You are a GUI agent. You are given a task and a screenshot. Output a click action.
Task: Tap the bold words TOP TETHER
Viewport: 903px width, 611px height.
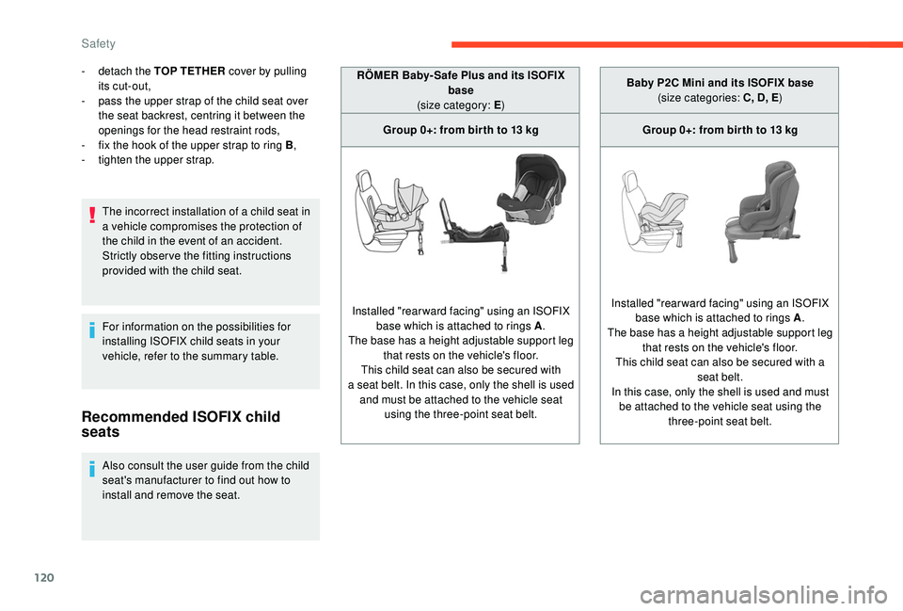(x=194, y=71)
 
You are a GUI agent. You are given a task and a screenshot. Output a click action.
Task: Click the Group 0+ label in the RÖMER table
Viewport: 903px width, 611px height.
(x=460, y=130)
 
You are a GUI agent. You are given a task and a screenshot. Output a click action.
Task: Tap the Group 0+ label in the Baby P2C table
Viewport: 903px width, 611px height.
(x=720, y=130)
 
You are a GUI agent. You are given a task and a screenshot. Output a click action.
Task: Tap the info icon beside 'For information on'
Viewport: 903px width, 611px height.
(x=92, y=329)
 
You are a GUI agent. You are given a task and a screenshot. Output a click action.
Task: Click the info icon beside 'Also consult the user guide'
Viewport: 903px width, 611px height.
(x=92, y=467)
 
